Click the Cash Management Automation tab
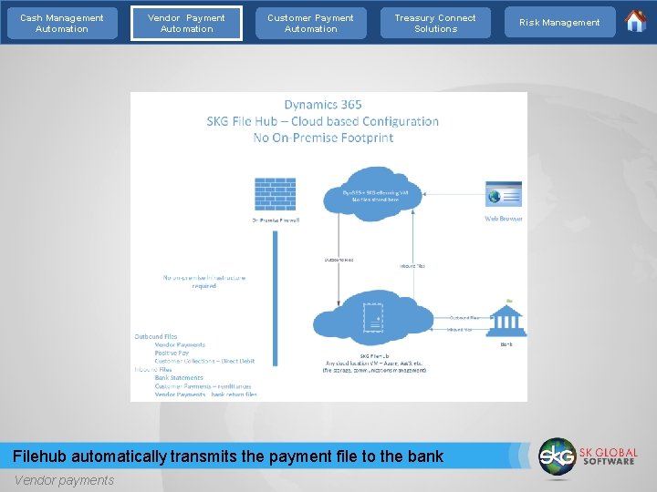pyautogui.click(x=62, y=23)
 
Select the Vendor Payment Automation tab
pyautogui.click(x=186, y=23)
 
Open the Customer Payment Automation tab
pyautogui.click(x=310, y=23)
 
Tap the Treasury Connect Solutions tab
pyautogui.click(x=435, y=23)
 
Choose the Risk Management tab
pyautogui.click(x=559, y=23)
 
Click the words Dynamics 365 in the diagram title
pyautogui.click(x=323, y=105)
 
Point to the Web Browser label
pyautogui.click(x=504, y=219)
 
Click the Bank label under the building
pyautogui.click(x=507, y=344)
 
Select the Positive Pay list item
pyautogui.click(x=172, y=353)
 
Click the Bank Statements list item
pyautogui.click(x=179, y=377)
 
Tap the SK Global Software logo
pyautogui.click(x=588, y=456)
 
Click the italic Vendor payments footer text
pyautogui.click(x=64, y=480)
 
